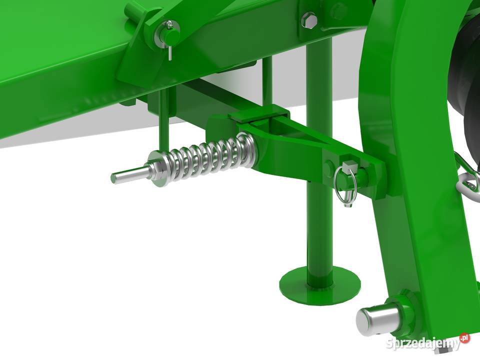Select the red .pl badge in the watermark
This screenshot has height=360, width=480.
tap(464, 338)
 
